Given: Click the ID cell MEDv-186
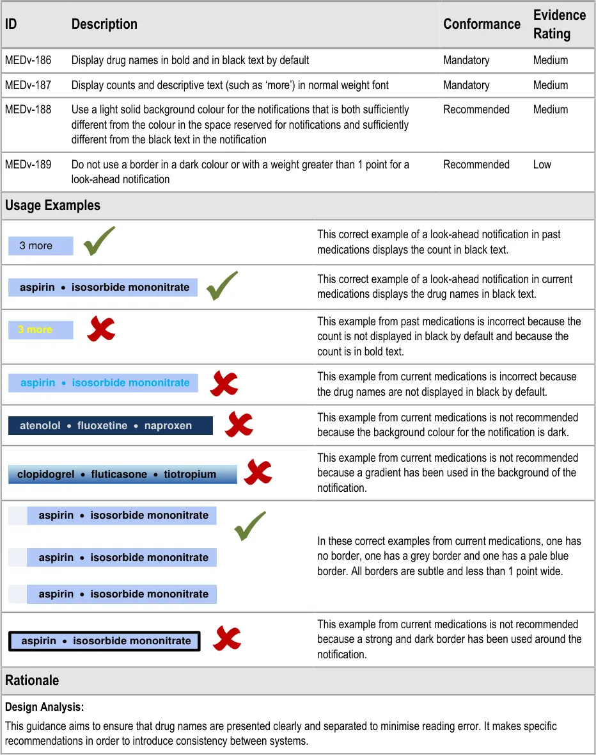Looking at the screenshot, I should point(28,60).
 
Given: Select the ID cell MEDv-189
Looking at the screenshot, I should point(28,165).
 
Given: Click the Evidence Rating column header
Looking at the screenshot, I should point(559,24).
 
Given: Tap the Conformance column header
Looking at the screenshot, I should point(482,24).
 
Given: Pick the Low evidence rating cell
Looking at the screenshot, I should point(542,165).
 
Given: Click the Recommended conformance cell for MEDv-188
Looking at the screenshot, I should point(476,110).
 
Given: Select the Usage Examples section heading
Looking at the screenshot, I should point(52,206).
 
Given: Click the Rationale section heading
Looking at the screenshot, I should point(32,680).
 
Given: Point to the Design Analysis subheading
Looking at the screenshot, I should point(45,708).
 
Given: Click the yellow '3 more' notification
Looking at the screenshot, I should point(40,330).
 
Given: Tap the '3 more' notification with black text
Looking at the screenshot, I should point(40,246).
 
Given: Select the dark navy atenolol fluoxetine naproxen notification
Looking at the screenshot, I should point(110,426).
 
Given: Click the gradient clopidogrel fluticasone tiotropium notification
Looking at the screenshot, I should point(122,475).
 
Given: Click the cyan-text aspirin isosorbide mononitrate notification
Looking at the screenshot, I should point(103,383).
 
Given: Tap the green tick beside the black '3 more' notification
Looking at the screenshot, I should point(99,241).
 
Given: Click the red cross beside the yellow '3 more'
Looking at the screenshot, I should point(101,329).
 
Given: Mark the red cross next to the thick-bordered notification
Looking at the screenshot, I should point(226,638).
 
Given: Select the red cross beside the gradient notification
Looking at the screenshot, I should point(258,473).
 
